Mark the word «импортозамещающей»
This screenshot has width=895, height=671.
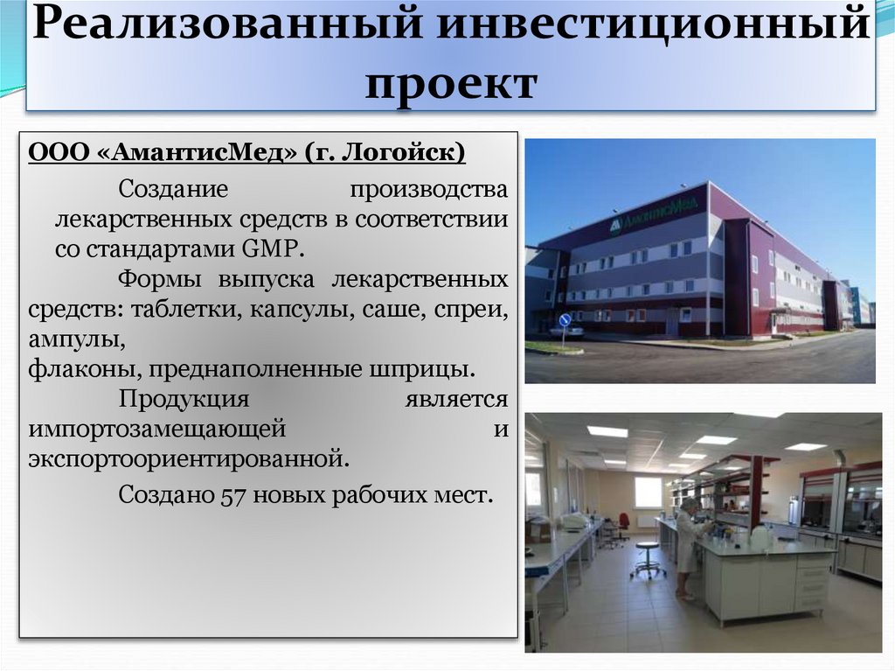click(157, 429)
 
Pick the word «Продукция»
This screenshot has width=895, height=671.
click(184, 399)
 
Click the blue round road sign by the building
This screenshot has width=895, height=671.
click(565, 319)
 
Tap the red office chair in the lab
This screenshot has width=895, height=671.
click(622, 524)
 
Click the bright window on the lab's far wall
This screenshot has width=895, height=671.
click(648, 493)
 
